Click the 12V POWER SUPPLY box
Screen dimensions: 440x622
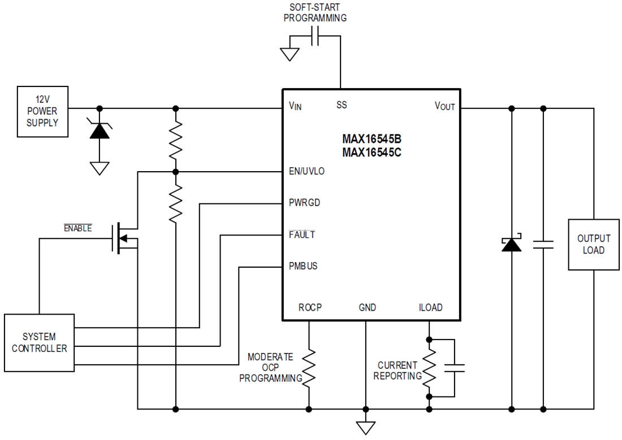(42, 112)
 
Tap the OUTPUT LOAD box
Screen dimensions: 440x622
(593, 245)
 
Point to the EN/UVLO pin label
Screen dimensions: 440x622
(306, 171)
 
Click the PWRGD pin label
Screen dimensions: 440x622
(304, 202)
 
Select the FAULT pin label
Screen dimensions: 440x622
(301, 234)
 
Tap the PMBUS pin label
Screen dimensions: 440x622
(303, 266)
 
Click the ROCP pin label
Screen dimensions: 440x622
(309, 308)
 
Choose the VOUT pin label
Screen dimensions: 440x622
(444, 106)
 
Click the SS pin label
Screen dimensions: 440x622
(342, 105)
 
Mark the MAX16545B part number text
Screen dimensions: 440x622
(372, 139)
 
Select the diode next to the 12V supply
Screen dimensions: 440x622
(100, 130)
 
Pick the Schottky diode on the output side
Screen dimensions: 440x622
(512, 244)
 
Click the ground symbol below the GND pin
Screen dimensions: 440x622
(366, 427)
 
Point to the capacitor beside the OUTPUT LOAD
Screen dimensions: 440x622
(543, 245)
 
